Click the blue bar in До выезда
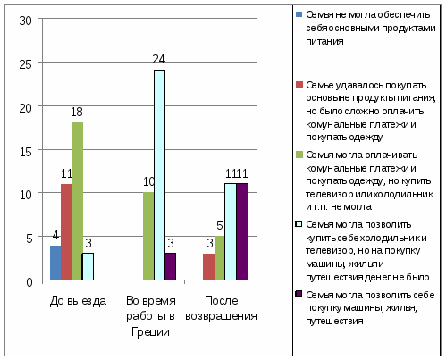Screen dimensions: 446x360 [x=55, y=263]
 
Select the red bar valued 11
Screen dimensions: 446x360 [x=66, y=232]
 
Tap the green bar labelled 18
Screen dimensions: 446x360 [x=77, y=201]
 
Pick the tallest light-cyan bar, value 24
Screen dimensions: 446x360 [x=159, y=175]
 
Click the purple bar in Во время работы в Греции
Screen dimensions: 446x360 [x=171, y=266]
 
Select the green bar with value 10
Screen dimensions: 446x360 [x=148, y=236]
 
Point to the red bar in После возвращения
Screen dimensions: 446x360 [x=208, y=267]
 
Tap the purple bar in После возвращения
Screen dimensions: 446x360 [x=242, y=231]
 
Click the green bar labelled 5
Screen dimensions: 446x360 [x=220, y=258]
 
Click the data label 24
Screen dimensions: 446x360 [x=158, y=60]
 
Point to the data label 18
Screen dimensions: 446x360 [x=77, y=112]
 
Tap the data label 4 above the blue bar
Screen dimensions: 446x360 [x=55, y=235]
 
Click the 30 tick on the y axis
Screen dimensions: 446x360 [x=25, y=21]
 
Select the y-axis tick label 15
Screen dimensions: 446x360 [x=25, y=152]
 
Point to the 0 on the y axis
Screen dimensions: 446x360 [x=29, y=281]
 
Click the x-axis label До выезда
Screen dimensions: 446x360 [x=78, y=301]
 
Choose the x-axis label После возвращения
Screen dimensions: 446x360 [x=221, y=308]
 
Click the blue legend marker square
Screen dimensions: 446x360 [x=299, y=14]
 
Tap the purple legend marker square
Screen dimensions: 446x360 [x=299, y=294]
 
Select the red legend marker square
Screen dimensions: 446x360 [x=299, y=85]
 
